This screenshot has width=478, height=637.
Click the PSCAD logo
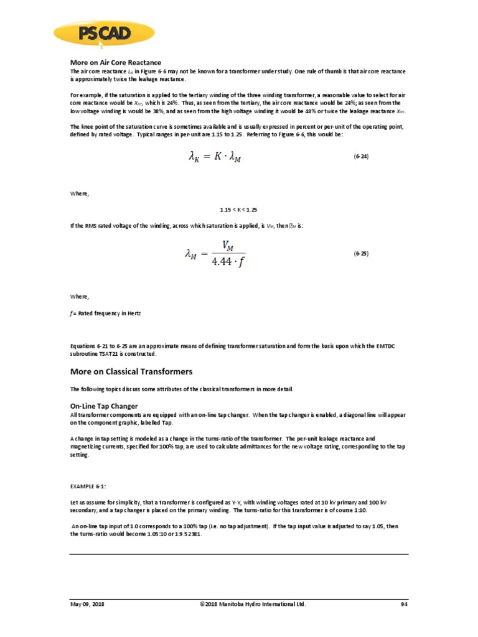(103, 35)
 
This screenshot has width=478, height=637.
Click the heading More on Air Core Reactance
(115, 63)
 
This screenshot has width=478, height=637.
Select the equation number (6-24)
(361, 157)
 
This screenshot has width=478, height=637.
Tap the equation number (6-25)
(361, 253)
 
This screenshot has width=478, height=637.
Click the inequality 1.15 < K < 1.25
(238, 210)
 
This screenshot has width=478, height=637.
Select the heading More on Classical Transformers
(131, 371)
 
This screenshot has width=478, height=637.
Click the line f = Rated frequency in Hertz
(105, 314)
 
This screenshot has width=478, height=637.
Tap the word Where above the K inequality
(79, 194)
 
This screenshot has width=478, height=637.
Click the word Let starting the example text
(73, 501)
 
